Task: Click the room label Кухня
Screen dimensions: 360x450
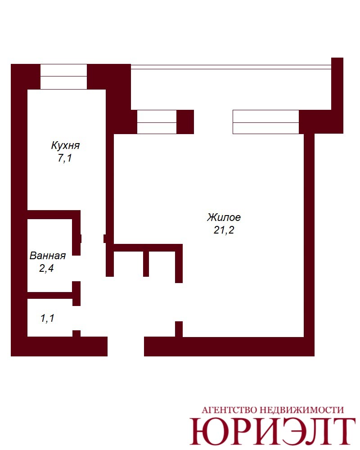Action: (65, 145)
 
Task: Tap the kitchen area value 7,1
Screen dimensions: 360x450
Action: (65, 158)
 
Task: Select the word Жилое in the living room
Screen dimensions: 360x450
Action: (224, 217)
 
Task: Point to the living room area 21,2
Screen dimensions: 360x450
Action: (224, 230)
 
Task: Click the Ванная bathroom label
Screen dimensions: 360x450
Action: (48, 256)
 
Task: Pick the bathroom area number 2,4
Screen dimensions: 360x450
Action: (46, 268)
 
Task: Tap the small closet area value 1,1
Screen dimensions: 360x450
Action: (47, 318)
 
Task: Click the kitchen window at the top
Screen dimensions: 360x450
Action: (63, 76)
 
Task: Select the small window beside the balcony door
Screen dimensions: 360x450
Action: (157, 122)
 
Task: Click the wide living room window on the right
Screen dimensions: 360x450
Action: (266, 122)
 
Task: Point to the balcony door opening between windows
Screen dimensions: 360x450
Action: (213, 122)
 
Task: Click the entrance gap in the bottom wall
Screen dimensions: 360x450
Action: (126, 346)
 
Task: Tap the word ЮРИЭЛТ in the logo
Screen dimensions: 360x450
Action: (272, 432)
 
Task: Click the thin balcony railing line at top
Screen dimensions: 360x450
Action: (231, 67)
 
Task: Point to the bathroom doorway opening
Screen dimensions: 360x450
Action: (76, 268)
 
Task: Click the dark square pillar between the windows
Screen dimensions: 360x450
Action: (185, 122)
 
